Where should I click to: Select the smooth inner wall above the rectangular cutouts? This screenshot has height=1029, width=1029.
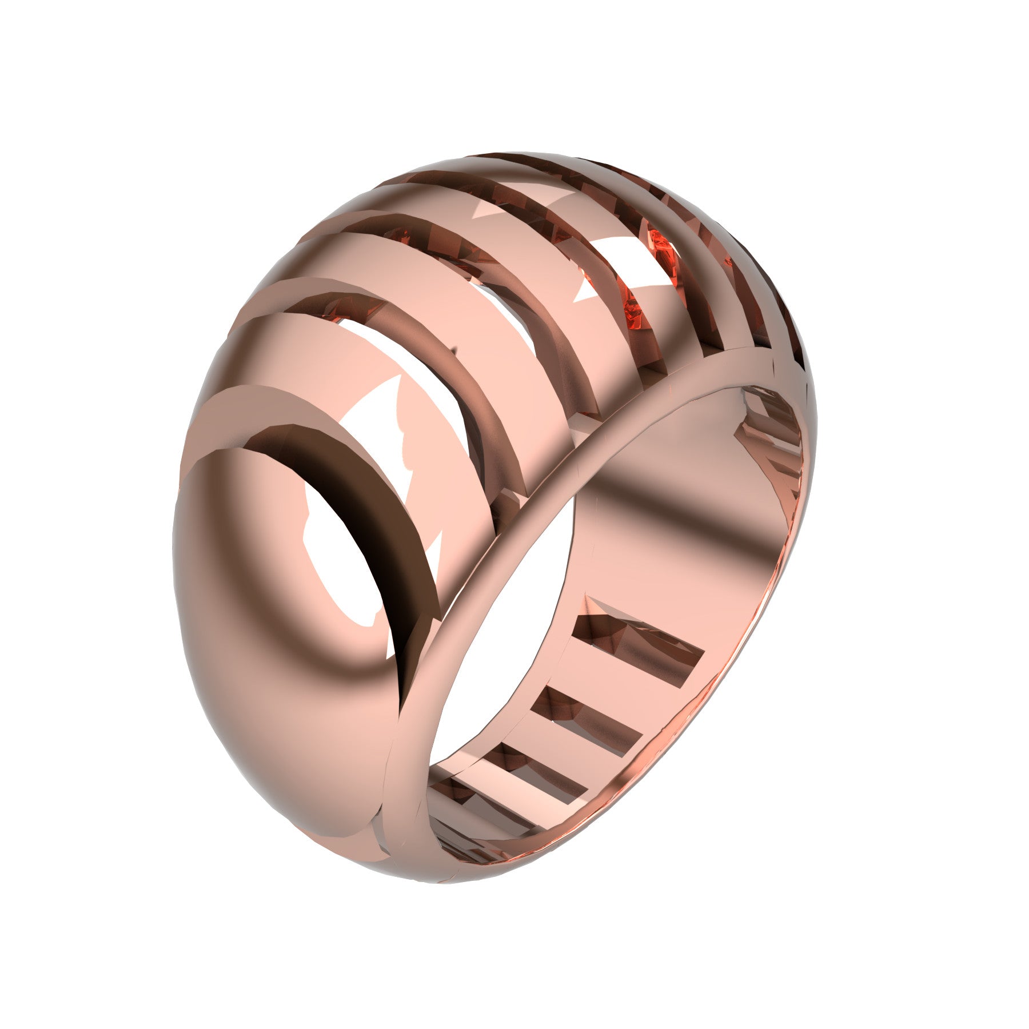click(x=686, y=514)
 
